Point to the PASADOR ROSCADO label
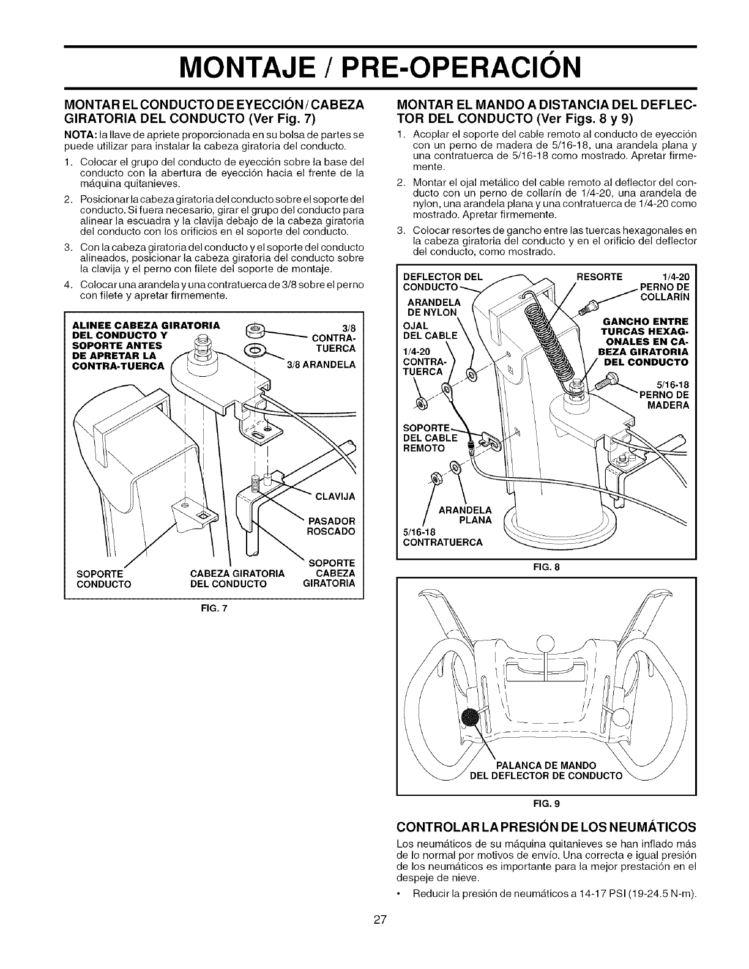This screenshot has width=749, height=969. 330,525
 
